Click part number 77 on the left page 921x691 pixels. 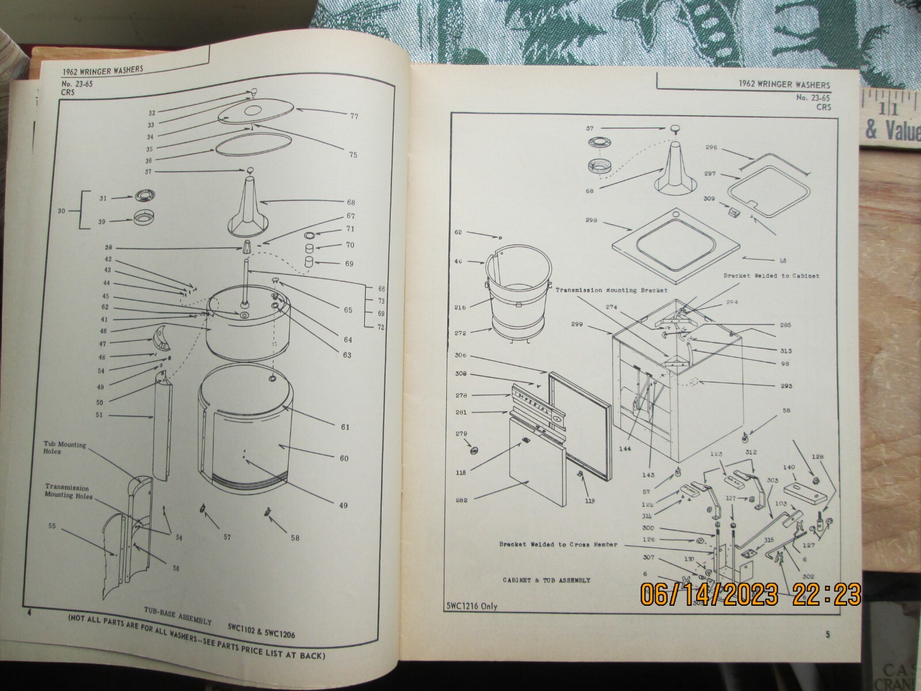[x=354, y=116]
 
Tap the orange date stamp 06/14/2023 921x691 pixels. [x=709, y=593]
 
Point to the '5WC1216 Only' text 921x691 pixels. [x=471, y=605]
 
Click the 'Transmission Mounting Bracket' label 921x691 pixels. [x=611, y=290]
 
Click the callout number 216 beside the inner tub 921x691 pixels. [x=461, y=307]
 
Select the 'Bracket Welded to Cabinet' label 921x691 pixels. [x=771, y=276]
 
